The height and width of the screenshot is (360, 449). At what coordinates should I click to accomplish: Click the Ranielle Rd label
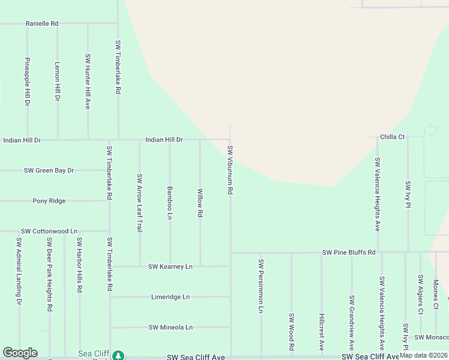coord(42,23)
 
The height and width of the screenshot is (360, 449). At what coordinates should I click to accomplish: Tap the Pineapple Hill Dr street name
coord(27,82)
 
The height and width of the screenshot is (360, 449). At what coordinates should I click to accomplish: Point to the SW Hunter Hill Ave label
coord(88,82)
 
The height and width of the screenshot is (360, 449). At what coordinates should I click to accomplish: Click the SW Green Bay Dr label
coord(49,170)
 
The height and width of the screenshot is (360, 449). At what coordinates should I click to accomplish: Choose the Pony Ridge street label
coord(49,201)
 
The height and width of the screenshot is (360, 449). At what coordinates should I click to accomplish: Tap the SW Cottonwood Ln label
coord(49,231)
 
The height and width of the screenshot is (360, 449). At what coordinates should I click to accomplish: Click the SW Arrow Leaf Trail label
coord(139,203)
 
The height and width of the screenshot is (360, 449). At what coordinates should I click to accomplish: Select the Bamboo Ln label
coord(170,202)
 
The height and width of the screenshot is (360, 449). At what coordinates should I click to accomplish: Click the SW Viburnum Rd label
coord(230,169)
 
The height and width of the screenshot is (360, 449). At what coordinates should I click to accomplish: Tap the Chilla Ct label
coord(392,137)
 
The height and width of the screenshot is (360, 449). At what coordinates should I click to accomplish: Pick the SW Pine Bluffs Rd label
coord(349,253)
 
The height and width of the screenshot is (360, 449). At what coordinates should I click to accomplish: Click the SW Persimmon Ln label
coord(261,286)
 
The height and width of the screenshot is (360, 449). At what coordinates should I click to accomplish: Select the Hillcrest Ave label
coord(321,332)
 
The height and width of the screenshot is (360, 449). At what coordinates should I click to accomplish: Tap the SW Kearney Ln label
coord(170,266)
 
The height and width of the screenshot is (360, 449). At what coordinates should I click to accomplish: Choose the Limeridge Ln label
coord(170,297)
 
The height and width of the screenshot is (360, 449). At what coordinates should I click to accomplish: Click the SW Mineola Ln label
coord(170,328)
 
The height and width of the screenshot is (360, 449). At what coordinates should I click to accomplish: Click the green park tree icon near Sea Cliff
coord(119,355)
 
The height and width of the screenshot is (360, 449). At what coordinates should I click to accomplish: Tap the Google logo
coord(20,353)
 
